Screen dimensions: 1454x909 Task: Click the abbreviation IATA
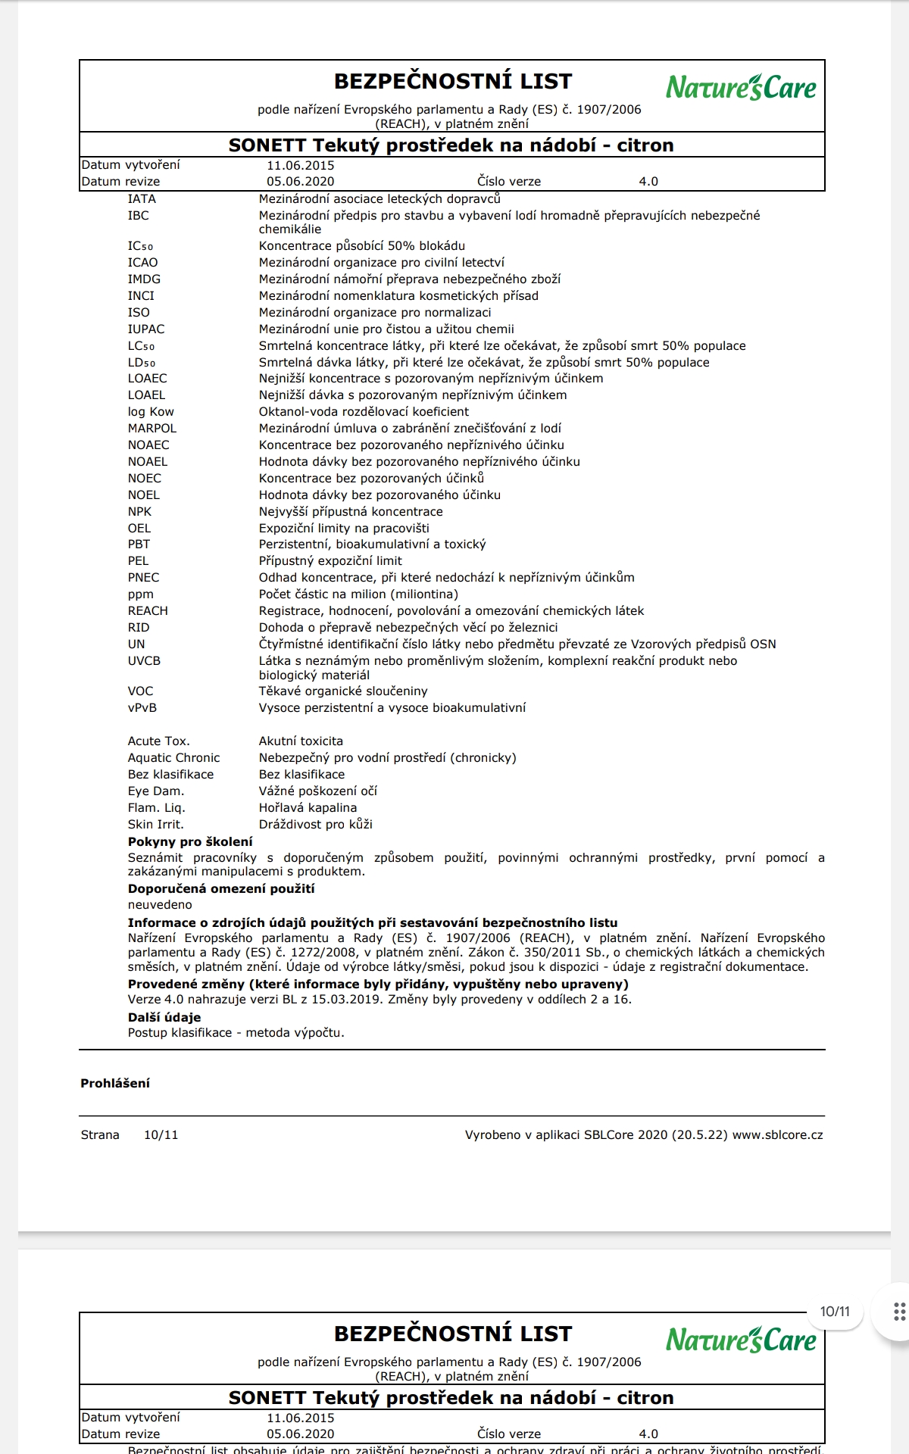pos(142,199)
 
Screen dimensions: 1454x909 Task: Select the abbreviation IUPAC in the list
pos(146,329)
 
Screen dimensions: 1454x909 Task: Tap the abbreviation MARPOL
pos(151,429)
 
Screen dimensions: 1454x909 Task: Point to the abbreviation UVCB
pos(144,661)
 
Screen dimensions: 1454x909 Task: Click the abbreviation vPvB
pos(142,708)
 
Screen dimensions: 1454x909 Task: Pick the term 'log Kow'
pos(151,412)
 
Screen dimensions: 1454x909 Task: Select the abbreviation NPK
pos(139,512)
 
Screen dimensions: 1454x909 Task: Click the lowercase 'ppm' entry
pos(140,594)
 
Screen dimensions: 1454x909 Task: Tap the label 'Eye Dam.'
pos(156,791)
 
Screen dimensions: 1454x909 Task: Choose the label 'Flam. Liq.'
pos(157,808)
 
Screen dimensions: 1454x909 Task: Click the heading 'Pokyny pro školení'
pos(190,842)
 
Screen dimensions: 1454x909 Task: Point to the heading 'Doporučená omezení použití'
pos(221,889)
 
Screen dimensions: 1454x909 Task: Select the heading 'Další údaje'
pos(164,1018)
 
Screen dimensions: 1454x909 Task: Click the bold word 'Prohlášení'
pos(115,1084)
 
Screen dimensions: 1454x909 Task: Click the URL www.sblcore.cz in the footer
pos(777,1135)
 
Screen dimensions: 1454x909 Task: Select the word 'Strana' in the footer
pos(100,1135)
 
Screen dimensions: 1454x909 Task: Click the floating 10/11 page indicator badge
pos(835,1312)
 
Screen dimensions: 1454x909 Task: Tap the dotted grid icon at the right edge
pos(899,1312)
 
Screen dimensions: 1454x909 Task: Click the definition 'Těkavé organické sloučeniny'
pos(343,691)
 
